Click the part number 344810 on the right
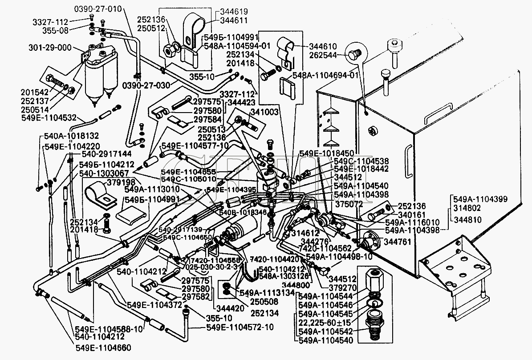467,219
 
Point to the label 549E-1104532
49,118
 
